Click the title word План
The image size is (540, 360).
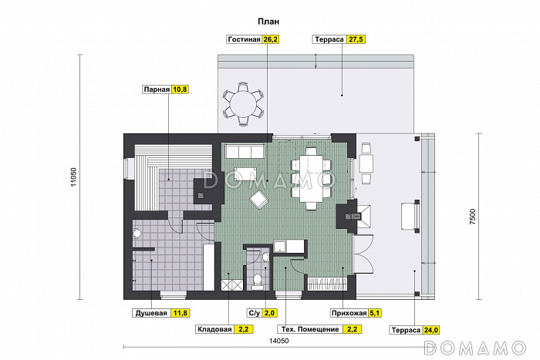(x=268, y=22)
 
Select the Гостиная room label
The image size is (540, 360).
(x=244, y=39)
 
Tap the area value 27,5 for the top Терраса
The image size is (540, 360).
(x=356, y=39)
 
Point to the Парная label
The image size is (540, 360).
(x=157, y=89)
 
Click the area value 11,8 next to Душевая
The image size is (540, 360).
(x=180, y=313)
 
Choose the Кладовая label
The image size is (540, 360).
(x=214, y=329)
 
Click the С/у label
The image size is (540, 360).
(x=255, y=313)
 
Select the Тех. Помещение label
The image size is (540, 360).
(x=310, y=329)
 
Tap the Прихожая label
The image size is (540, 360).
(x=349, y=313)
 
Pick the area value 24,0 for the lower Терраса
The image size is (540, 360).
(x=430, y=330)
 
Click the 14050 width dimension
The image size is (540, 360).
(x=278, y=341)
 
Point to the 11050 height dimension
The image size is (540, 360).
(x=73, y=177)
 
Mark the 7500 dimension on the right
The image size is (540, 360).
(x=472, y=217)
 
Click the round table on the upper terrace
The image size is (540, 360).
(x=244, y=103)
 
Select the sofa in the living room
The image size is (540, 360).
(x=245, y=151)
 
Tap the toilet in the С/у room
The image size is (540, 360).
(x=257, y=281)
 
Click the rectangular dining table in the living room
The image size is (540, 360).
(x=312, y=179)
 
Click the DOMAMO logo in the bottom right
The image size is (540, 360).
(x=475, y=348)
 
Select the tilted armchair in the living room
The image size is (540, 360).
(x=260, y=200)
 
